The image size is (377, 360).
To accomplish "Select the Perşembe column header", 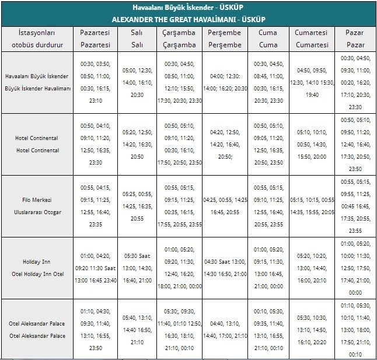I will pyautogui.click(x=225, y=39).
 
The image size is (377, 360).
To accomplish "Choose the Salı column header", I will pyautogui.click(x=137, y=39).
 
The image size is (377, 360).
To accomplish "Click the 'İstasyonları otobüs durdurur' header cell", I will pyautogui.click(x=37, y=39).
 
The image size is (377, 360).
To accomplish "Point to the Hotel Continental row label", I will pyautogui.click(x=37, y=144).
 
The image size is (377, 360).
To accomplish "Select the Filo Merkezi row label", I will pyautogui.click(x=37, y=206).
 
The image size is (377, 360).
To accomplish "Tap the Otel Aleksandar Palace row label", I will pyautogui.click(x=37, y=330).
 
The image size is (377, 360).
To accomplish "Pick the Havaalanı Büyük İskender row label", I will pyautogui.click(x=37, y=82).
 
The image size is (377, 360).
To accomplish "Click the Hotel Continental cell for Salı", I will pyautogui.click(x=137, y=144).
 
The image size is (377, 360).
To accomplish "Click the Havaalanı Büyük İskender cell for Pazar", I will pyautogui.click(x=355, y=82).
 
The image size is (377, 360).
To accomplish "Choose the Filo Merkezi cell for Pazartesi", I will pyautogui.click(x=95, y=206).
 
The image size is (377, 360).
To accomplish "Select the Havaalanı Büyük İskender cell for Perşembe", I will pyautogui.click(x=225, y=82).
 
